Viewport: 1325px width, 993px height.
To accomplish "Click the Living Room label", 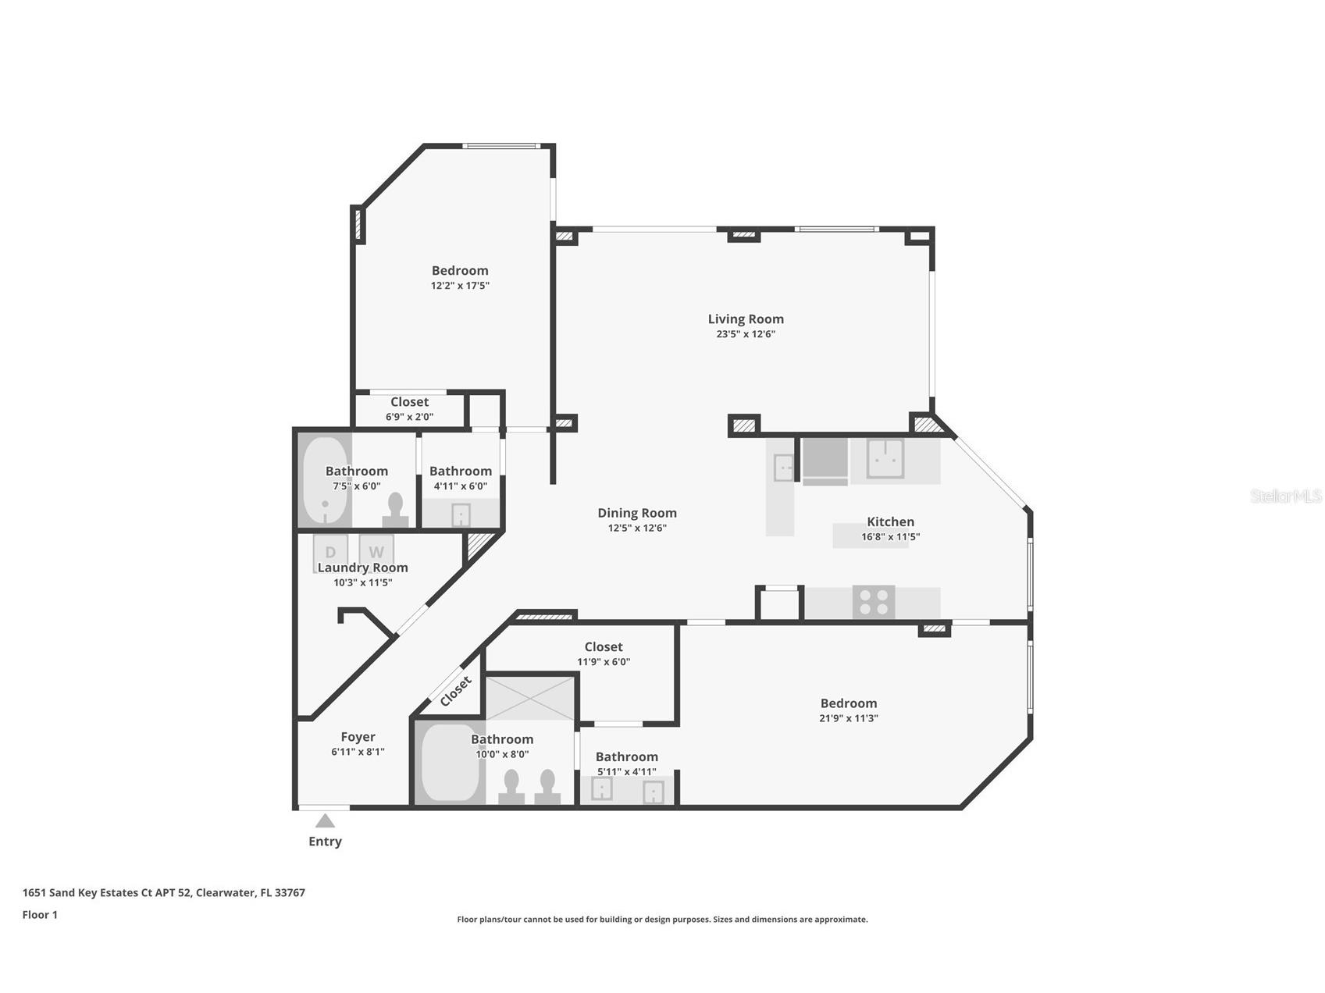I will pyautogui.click(x=745, y=319).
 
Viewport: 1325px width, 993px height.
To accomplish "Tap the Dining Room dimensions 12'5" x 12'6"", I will pyautogui.click(x=637, y=528).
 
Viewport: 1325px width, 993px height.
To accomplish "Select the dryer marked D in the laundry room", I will pyautogui.click(x=330, y=551).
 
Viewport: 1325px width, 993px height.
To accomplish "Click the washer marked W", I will pyautogui.click(x=376, y=551).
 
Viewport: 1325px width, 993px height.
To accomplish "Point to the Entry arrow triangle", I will pyautogui.click(x=325, y=821).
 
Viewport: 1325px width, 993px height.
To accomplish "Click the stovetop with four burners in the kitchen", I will pyautogui.click(x=873, y=603).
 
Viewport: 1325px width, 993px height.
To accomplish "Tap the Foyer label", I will pyautogui.click(x=358, y=737).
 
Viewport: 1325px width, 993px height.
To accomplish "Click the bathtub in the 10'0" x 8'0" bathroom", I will pyautogui.click(x=450, y=762).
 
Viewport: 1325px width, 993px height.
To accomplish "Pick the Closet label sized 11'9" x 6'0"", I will pyautogui.click(x=603, y=646).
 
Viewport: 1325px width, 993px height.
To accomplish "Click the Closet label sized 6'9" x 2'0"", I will pyautogui.click(x=409, y=402).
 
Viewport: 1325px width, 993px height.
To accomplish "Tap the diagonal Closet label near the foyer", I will pyautogui.click(x=455, y=692).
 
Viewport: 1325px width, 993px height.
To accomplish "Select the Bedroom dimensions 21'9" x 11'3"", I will pyautogui.click(x=848, y=718).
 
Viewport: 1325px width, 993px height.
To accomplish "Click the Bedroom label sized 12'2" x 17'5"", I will pyautogui.click(x=460, y=271).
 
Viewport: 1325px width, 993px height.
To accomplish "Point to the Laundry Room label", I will pyautogui.click(x=362, y=568).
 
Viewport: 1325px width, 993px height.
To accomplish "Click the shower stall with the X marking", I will pyautogui.click(x=530, y=698).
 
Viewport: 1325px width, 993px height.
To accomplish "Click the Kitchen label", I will pyautogui.click(x=889, y=521).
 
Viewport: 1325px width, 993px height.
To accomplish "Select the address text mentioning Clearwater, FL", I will pyautogui.click(x=163, y=892).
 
